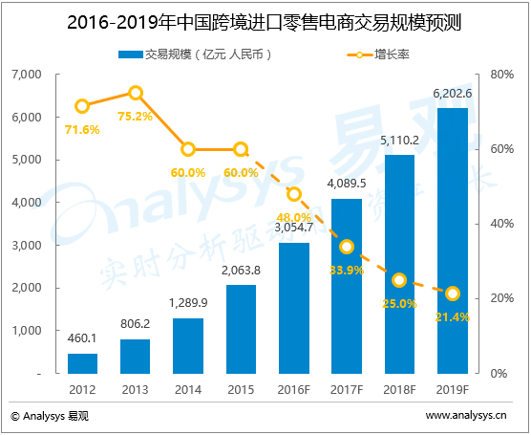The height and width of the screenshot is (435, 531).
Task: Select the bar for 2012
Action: coord(82,362)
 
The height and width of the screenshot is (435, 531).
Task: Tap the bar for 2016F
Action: coord(293,307)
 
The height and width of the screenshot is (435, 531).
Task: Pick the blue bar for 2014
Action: coord(188,345)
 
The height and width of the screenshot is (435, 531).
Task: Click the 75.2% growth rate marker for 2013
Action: coord(136,93)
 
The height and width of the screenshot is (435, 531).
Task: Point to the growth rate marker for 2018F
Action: coord(399,280)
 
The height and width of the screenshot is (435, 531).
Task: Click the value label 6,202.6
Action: coord(452,94)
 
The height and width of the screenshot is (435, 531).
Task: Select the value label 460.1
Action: coord(83,338)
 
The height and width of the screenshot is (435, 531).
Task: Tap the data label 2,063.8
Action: coord(241,271)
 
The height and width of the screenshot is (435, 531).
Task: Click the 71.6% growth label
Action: coord(82,129)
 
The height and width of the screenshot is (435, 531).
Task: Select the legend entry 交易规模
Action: coord(196,54)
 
